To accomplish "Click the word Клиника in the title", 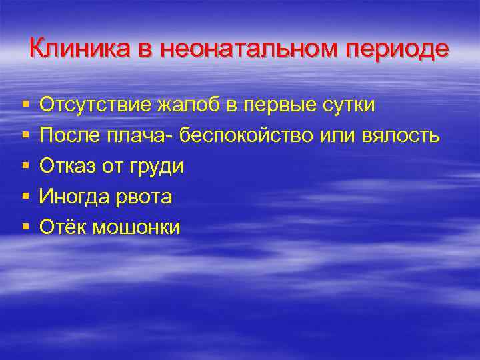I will [71, 49].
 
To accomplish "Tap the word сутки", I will [348, 105].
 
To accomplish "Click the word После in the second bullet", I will [69, 135].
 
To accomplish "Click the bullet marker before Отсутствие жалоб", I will [25, 105].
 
